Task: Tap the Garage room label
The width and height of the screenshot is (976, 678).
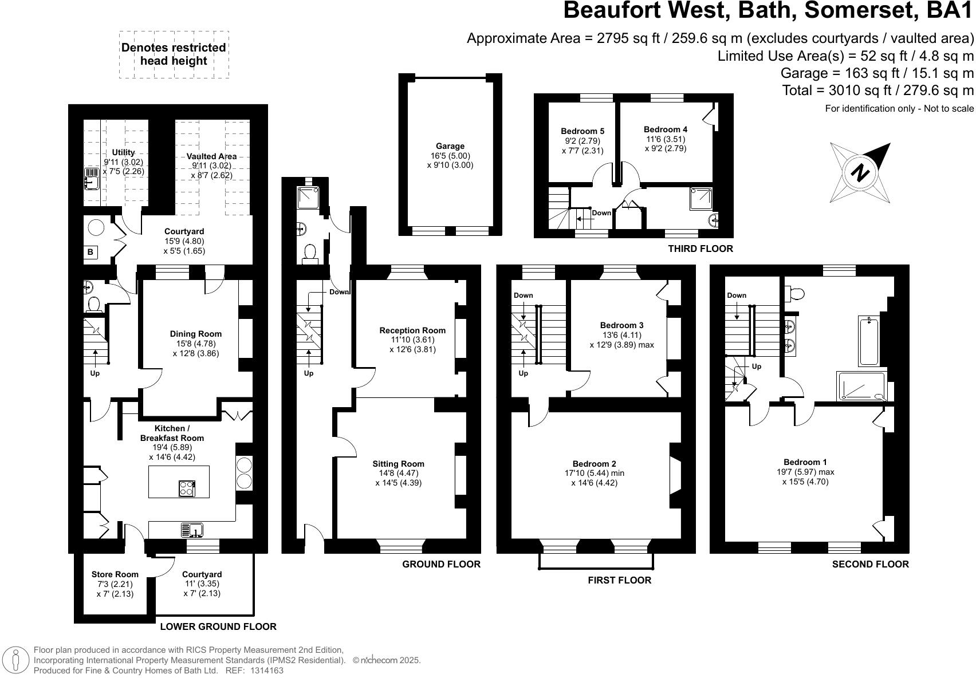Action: (x=450, y=146)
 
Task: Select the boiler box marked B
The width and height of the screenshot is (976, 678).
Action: (x=90, y=252)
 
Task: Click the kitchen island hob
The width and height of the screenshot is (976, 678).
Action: (x=187, y=488)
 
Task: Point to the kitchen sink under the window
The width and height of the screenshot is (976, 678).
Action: (x=192, y=531)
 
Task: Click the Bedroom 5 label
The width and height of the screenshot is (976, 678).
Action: (x=583, y=131)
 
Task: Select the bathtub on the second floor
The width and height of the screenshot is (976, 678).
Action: (x=869, y=340)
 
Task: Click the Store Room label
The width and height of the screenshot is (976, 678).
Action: (x=115, y=574)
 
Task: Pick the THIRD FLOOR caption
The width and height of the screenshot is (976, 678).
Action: (x=700, y=249)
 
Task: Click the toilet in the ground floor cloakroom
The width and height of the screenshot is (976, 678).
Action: (x=310, y=253)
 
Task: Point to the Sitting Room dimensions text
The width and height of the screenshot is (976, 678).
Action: (x=399, y=478)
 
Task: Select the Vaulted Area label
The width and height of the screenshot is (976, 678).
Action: (x=211, y=156)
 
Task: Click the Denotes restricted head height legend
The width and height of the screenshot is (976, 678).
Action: (x=174, y=54)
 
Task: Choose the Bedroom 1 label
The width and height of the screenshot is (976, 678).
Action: (x=805, y=462)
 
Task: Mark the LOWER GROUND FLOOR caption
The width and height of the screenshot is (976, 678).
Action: (x=218, y=626)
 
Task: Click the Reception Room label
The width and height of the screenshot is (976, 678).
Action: (x=412, y=330)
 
